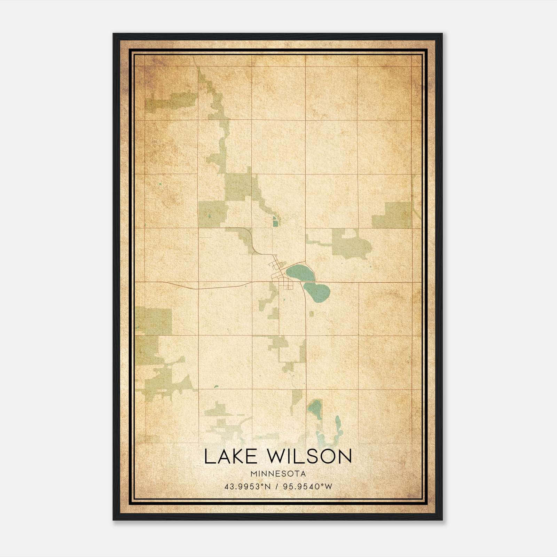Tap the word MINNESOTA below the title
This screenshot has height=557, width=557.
277,474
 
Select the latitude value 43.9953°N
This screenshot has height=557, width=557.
248,487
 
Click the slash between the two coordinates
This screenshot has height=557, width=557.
277,487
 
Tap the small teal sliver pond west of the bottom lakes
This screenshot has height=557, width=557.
216,386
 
